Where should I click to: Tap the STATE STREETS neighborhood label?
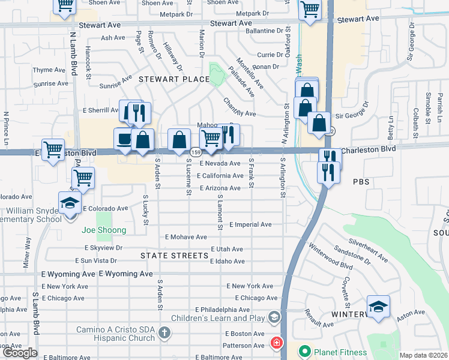tap(174, 256)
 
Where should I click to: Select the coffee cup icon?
tap(124, 139)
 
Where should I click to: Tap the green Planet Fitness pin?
tap(305, 352)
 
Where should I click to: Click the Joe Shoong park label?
tap(104, 230)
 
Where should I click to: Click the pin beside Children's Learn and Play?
tap(274, 316)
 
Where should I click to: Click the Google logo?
tap(19, 353)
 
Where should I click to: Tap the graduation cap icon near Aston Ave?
tap(378, 307)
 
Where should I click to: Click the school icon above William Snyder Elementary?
tap(70, 202)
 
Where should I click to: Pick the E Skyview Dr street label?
tap(103, 247)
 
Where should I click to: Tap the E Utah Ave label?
tap(227, 249)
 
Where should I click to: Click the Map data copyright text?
tap(423, 355)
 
